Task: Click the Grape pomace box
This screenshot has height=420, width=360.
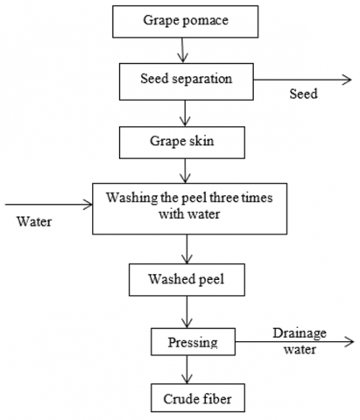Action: [x=186, y=22]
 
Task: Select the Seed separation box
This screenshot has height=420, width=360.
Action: [x=187, y=81]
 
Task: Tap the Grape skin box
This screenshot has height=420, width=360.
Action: [x=182, y=143]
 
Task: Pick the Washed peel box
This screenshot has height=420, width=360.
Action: [x=187, y=280]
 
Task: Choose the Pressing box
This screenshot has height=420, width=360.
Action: [x=193, y=341]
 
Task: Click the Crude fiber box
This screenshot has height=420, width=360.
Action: [x=198, y=398]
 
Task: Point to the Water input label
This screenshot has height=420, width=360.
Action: [x=34, y=221]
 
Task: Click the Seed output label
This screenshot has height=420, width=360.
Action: [x=303, y=94]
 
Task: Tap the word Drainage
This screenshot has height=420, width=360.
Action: [x=300, y=333]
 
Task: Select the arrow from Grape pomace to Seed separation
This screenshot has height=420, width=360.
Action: [x=183, y=50]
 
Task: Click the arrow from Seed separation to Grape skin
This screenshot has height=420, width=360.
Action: [x=185, y=113]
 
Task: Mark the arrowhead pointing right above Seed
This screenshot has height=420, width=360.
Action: [x=347, y=80]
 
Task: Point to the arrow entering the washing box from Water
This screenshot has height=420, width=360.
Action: [x=49, y=205]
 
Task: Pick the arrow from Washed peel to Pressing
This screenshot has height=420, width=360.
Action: [x=187, y=311]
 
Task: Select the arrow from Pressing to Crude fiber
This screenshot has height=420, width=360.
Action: [x=187, y=369]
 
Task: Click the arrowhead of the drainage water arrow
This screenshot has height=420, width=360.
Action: [x=349, y=341]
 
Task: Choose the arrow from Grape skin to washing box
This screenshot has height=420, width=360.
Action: [x=185, y=171]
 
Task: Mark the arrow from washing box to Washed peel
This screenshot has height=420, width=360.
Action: [x=187, y=249]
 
